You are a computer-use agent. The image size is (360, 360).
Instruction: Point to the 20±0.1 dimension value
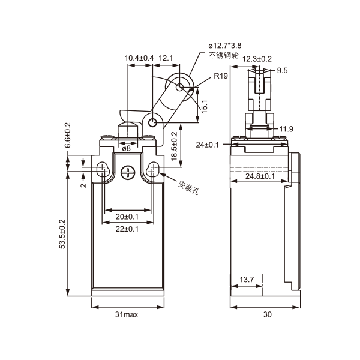[x=127, y=216]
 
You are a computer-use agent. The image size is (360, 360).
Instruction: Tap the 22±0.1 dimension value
[x=127, y=229]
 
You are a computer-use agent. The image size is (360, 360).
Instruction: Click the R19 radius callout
[x=220, y=77]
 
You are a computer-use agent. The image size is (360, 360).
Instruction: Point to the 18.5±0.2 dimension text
[x=173, y=146]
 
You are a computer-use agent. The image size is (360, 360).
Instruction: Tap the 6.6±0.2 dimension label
[x=68, y=136]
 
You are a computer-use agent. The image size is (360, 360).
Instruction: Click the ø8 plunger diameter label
[x=126, y=148]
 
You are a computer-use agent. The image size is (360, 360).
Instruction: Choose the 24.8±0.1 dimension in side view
[x=260, y=176]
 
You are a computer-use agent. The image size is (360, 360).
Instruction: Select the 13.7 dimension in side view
[x=247, y=280]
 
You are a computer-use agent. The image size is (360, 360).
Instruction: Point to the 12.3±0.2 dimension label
[x=257, y=58]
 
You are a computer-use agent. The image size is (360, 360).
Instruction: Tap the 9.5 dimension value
[x=283, y=71]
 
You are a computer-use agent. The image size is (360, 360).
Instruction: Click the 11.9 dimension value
[x=286, y=129]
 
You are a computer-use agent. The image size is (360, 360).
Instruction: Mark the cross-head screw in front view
[x=127, y=172]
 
